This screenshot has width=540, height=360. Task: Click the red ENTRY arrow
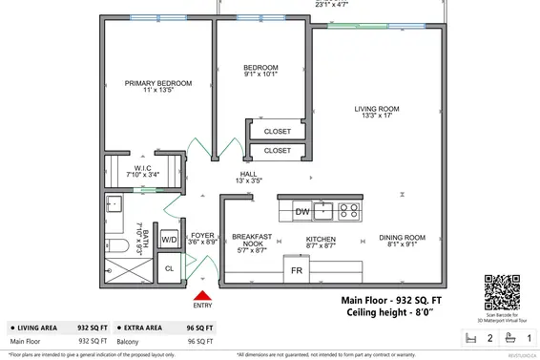pos(202,295)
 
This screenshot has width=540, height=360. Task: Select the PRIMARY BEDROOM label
pos(158,83)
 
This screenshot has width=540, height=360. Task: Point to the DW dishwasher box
pos(301,211)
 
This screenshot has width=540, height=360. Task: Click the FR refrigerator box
pos(298,270)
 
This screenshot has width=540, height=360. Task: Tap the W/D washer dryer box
pos(169,239)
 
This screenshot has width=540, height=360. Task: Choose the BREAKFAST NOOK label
pos(252,240)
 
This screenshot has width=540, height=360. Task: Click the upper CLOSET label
pos(278,132)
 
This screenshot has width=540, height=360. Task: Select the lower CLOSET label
pos(278,151)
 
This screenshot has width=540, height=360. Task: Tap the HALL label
pos(248,174)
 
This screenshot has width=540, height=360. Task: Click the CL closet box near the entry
pos(169,269)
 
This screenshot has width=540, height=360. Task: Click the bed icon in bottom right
pos(469,337)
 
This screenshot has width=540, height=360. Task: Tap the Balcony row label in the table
pos(25,341)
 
